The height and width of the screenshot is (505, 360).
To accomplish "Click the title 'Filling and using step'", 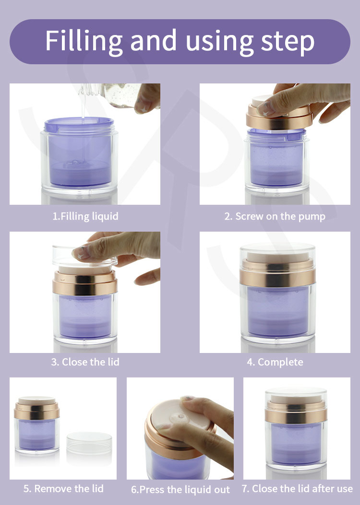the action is tap(180, 41).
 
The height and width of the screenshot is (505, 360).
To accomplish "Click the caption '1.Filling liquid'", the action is tap(85, 216).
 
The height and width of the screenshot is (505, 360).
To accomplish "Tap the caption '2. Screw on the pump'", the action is tap(275, 216).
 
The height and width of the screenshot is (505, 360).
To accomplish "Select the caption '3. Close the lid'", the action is tap(85, 362).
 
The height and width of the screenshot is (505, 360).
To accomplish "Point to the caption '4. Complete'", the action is tap(275, 363).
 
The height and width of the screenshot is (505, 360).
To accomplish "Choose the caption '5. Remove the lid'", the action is tap(63, 489).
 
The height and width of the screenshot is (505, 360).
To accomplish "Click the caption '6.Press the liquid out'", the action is tap(180, 490).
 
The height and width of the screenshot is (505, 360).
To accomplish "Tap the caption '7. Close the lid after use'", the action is tap(297, 489).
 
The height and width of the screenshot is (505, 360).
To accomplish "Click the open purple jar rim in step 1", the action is tap(79, 125).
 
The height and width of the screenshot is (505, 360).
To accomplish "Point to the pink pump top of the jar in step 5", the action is tap(37, 400).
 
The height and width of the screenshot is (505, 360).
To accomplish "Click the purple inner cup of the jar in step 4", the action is tap(277, 311).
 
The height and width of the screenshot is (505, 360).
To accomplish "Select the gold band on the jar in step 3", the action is tap(85, 283).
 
